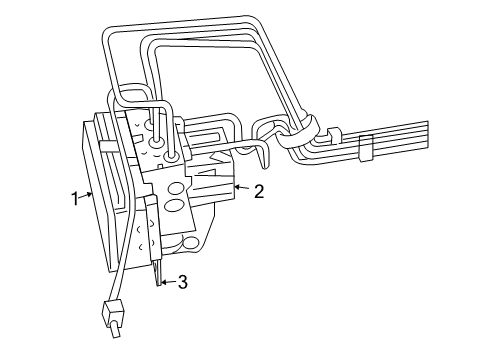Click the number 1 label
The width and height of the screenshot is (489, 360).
tap(72, 198)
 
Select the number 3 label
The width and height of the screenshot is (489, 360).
tap(181, 284)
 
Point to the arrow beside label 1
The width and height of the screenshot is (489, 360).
tap(86, 195)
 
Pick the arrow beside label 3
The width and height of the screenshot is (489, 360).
tap(166, 283)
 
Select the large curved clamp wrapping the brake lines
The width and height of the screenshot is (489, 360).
tap(301, 134)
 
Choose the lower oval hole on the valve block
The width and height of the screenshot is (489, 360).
tap(174, 208)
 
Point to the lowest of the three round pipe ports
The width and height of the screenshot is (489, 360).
tap(173, 156)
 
